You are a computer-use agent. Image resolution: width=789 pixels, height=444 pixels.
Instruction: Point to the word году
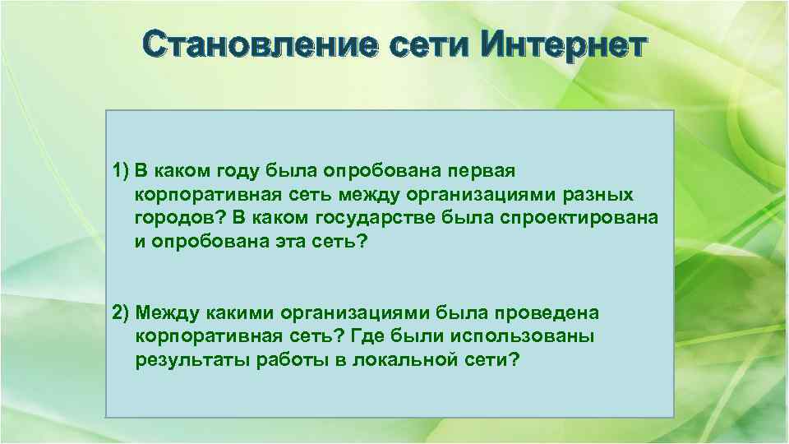pos(228,170)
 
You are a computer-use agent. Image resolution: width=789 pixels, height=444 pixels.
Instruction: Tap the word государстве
pos(390,220)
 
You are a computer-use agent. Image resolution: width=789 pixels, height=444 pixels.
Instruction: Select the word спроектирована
pos(579,220)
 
